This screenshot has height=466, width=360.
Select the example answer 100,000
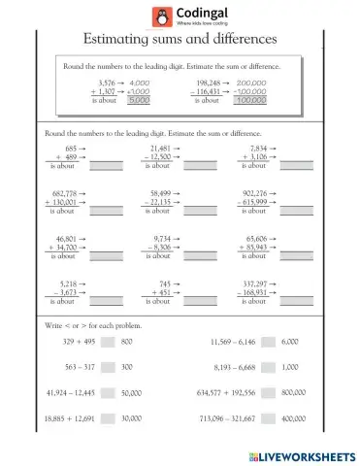click(250, 100)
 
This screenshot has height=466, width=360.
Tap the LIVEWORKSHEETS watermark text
click(308, 454)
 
